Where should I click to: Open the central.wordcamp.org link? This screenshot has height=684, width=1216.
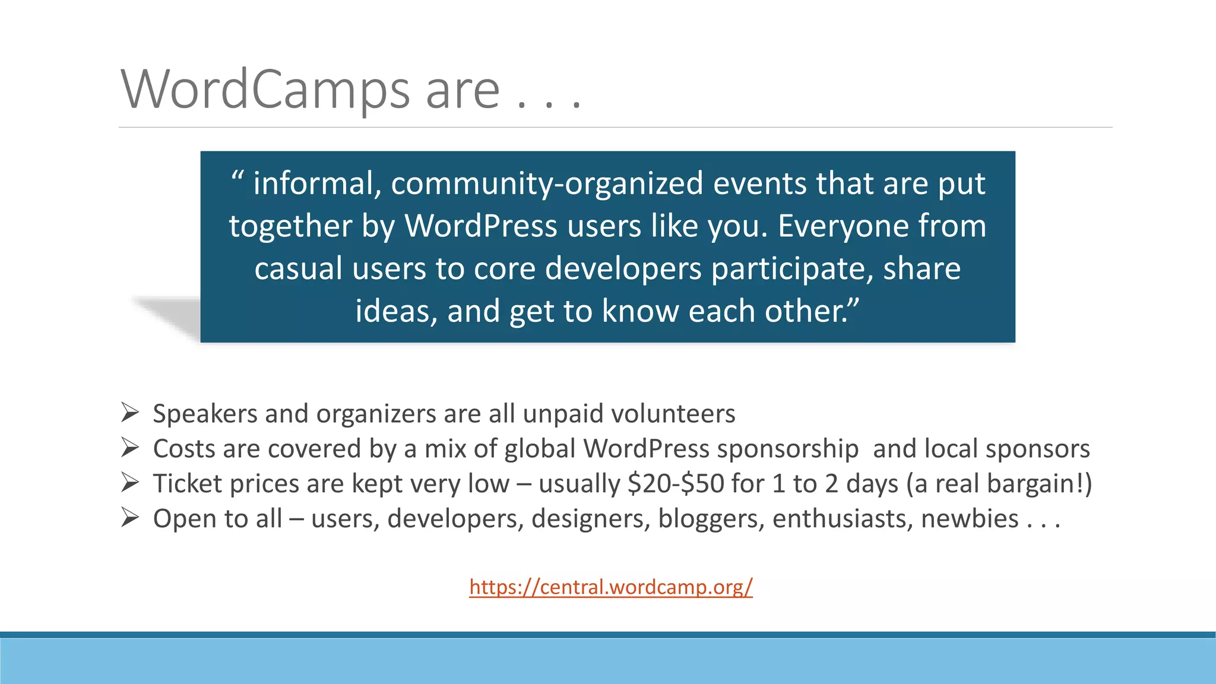click(x=610, y=587)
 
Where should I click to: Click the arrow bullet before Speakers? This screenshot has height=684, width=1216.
click(x=130, y=412)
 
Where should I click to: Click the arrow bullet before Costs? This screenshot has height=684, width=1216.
click(x=130, y=447)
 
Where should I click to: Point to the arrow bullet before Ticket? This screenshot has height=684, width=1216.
click(x=130, y=482)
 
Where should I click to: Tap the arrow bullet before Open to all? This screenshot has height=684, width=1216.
click(x=130, y=517)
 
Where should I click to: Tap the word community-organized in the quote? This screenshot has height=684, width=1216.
click(x=547, y=183)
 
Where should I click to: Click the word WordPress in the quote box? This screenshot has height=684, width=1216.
click(x=481, y=226)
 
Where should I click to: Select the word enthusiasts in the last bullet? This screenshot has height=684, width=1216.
click(x=843, y=519)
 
